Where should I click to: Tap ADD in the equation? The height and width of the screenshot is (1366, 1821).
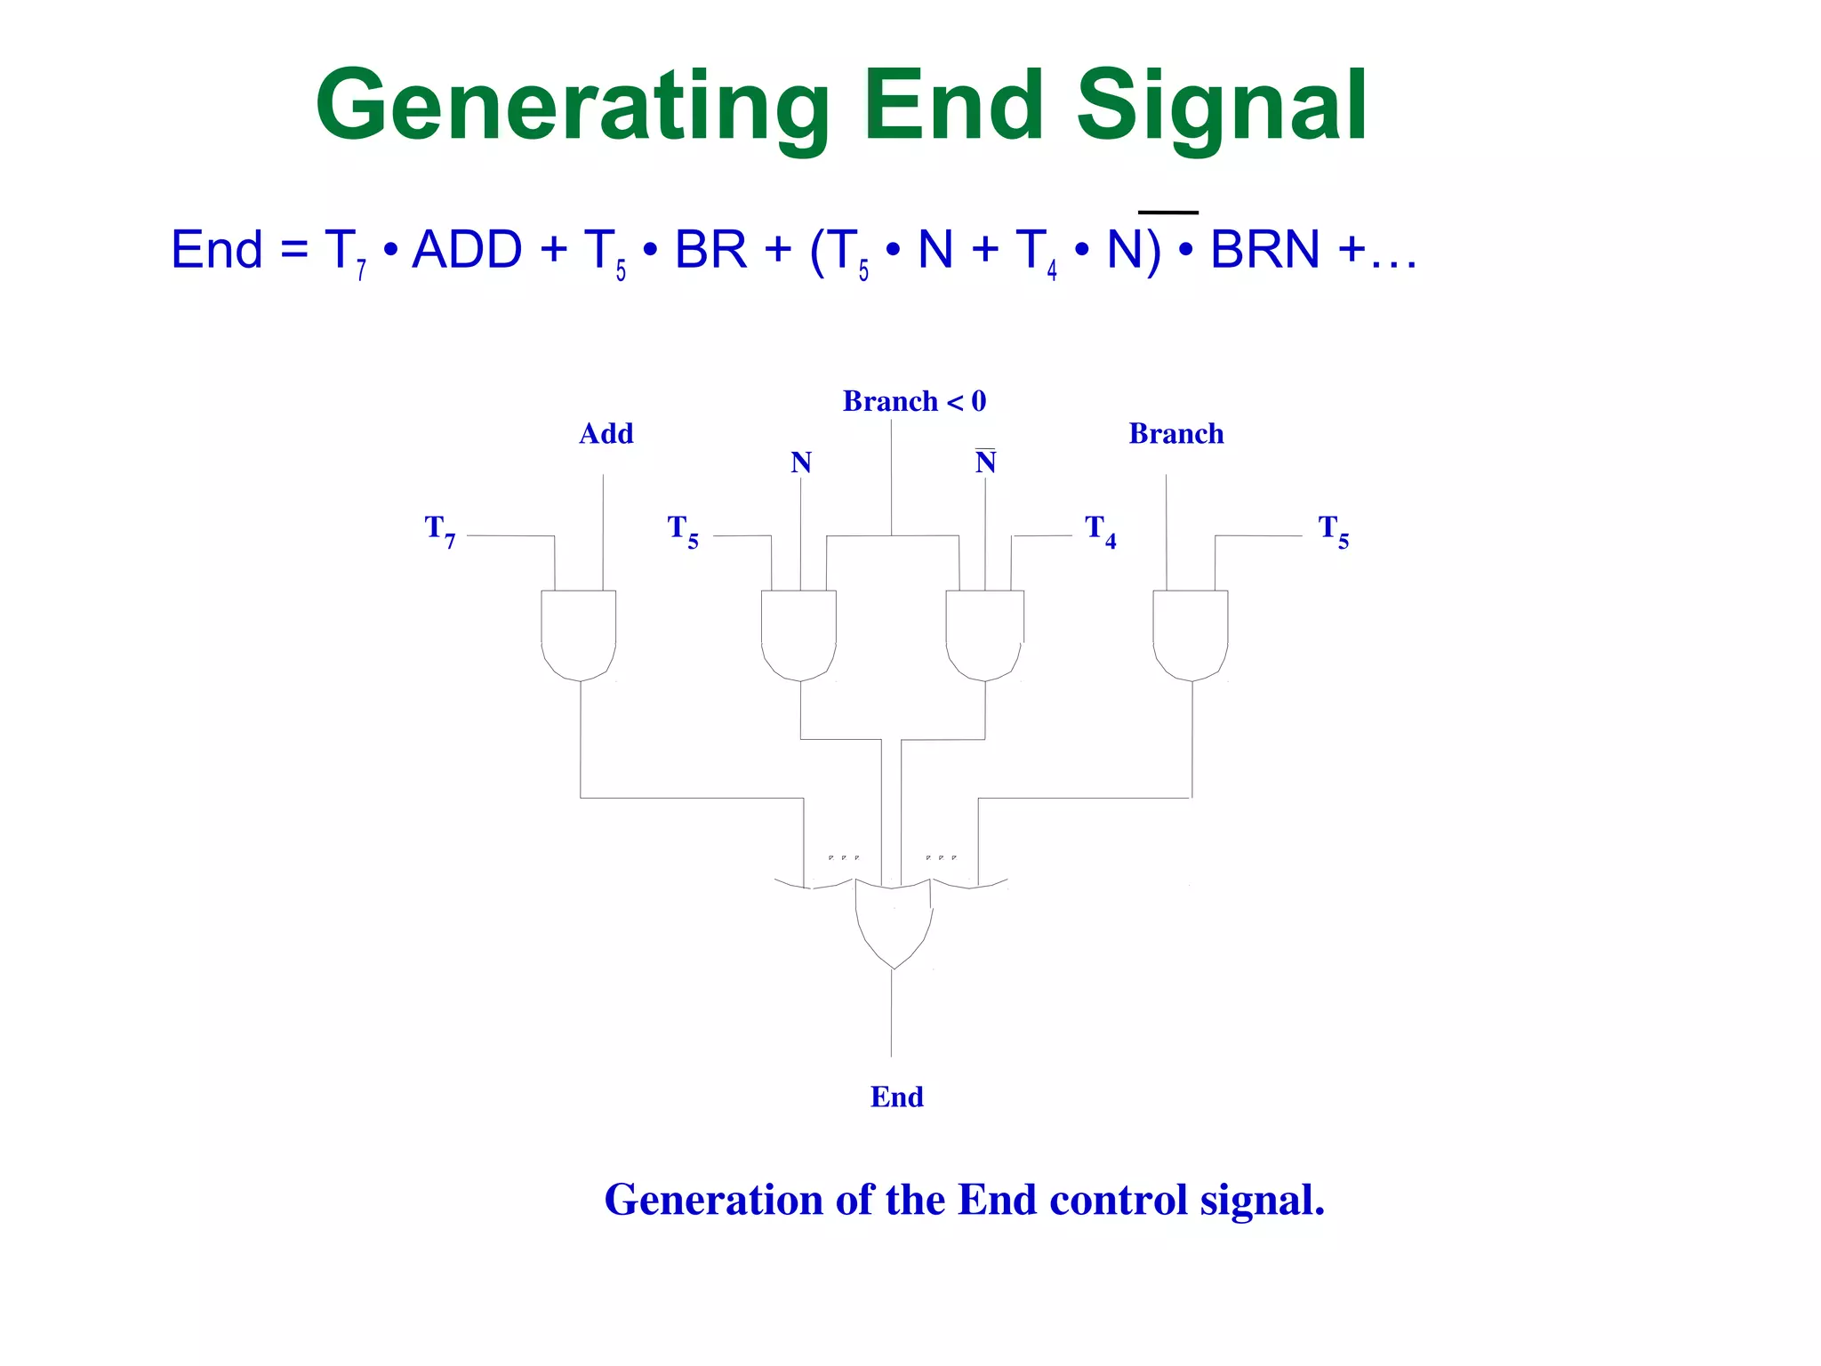[x=468, y=250]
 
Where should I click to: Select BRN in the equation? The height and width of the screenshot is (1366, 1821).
[x=1264, y=250]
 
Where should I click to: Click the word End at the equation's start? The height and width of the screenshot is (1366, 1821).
[x=217, y=250]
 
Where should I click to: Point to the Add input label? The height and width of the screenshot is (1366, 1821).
[x=606, y=434]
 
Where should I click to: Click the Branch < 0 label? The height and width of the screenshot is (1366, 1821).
[x=914, y=401]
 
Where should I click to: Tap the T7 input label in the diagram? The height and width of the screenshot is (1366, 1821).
[x=440, y=531]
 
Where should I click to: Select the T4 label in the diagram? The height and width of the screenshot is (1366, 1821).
[x=1100, y=531]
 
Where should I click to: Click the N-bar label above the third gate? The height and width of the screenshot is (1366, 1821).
[x=985, y=462]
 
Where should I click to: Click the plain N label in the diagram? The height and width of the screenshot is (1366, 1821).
[x=800, y=462]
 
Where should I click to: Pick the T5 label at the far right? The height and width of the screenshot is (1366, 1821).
[x=1333, y=531]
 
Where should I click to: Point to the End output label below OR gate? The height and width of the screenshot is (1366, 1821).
[x=896, y=1097]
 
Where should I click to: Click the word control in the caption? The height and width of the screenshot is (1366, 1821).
[x=1119, y=1200]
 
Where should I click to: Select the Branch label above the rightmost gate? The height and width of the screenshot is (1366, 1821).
[x=1175, y=434]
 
